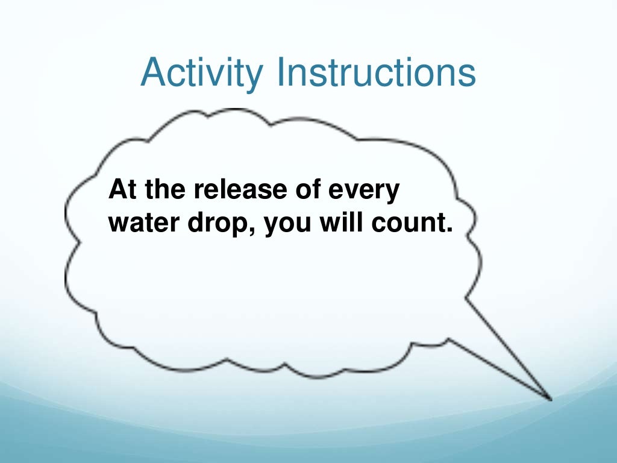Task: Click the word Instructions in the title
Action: [x=374, y=72]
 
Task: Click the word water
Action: [x=137, y=224]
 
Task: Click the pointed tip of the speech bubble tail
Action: [x=550, y=398]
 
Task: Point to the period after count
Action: [x=448, y=231]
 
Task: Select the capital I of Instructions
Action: [x=281, y=72]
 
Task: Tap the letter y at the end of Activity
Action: [x=254, y=77]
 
